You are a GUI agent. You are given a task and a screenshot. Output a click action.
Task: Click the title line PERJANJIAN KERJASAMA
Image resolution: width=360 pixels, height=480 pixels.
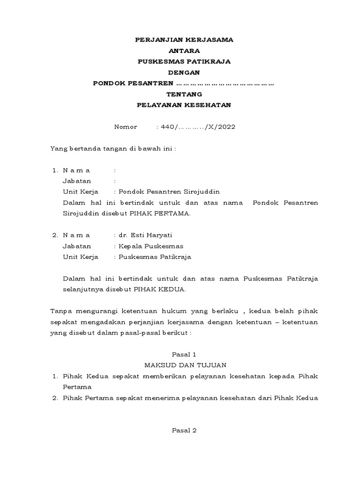click(184, 40)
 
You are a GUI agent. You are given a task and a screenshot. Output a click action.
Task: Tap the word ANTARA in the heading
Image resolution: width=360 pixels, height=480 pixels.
click(184, 51)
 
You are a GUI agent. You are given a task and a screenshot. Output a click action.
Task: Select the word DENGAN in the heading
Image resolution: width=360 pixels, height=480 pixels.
click(184, 72)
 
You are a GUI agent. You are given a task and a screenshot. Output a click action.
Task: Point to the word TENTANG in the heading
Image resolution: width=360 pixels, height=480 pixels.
click(184, 94)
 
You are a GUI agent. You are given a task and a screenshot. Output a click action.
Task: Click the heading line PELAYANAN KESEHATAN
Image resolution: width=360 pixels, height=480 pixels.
click(184, 105)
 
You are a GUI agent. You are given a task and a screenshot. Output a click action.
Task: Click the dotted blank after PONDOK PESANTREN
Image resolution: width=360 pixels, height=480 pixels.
click(225, 83)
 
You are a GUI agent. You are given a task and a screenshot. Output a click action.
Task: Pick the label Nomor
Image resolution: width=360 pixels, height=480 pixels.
click(126, 127)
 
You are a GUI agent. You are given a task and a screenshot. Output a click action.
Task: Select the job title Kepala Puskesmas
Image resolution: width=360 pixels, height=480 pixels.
click(151, 246)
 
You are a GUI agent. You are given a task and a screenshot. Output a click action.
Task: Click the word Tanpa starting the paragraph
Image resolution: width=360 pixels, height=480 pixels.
click(60, 311)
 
